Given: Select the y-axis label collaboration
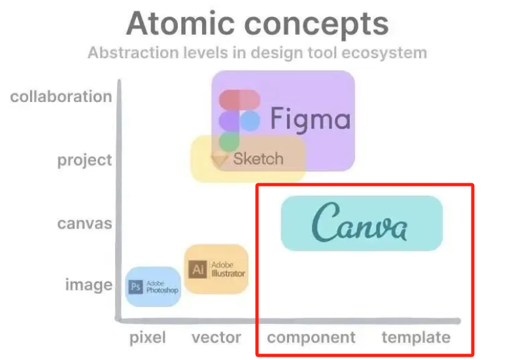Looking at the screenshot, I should coord(61,97).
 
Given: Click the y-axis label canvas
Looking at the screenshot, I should coord(84,223).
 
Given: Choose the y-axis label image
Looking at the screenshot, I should coord(88,285).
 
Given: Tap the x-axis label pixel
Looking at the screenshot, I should coord(147,338).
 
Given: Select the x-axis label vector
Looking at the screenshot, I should coord(216,338).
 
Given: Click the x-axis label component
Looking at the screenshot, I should coord(311,338).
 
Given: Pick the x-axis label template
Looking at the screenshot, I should coord(416,338).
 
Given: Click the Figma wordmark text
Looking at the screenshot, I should coord(310,119).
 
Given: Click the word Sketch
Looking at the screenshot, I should coord(258,158).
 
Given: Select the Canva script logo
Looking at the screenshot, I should coord(360,223).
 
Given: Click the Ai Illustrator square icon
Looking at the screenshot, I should coord(197,269).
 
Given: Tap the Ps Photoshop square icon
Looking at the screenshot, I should coord(136,287).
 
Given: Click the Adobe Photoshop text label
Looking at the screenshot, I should coord(162,287).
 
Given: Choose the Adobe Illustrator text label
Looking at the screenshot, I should coord(228,269).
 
